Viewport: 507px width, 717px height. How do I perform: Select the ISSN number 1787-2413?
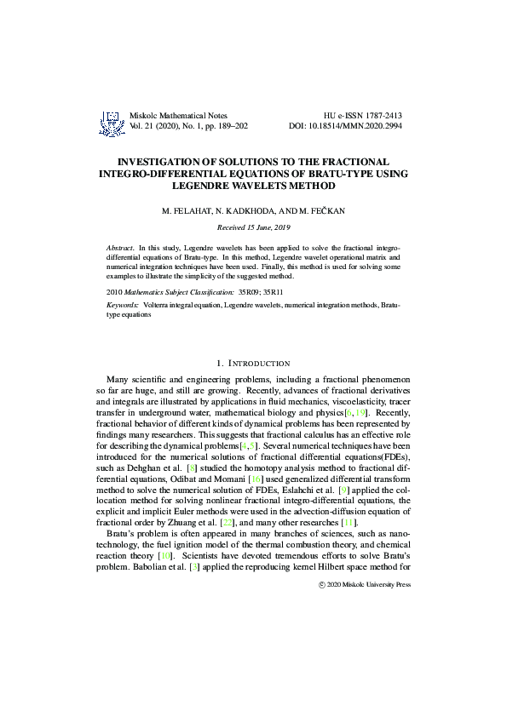coord(381,114)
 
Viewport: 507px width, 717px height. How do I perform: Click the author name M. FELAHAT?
coord(184,209)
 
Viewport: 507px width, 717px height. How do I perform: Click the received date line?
coord(253,227)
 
